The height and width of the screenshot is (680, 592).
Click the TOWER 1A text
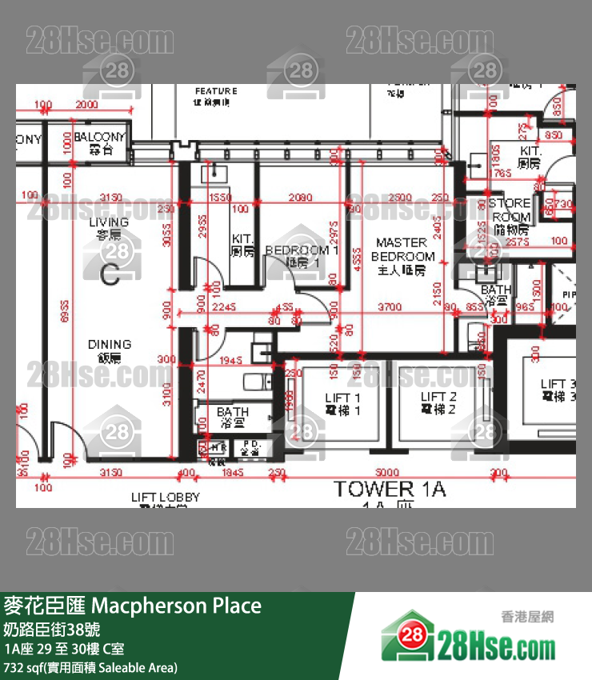click(390, 490)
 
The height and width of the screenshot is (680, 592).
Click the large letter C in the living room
click(110, 275)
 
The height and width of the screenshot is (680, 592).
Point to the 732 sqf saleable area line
click(91, 667)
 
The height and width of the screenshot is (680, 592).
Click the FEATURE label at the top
click(216, 92)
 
